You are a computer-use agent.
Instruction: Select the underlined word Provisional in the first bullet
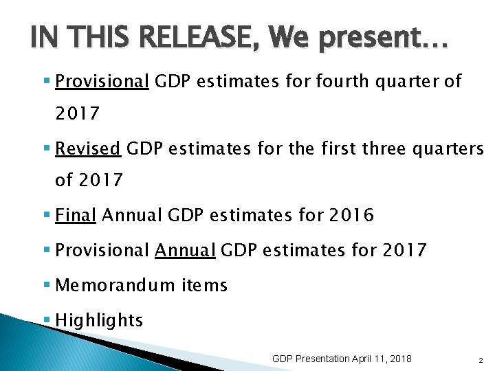click(x=102, y=82)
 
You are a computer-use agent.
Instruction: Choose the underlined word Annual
click(x=186, y=249)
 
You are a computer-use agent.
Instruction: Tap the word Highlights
click(x=99, y=320)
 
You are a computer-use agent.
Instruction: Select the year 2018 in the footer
click(x=399, y=359)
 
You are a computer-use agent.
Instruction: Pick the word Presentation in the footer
click(x=322, y=359)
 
